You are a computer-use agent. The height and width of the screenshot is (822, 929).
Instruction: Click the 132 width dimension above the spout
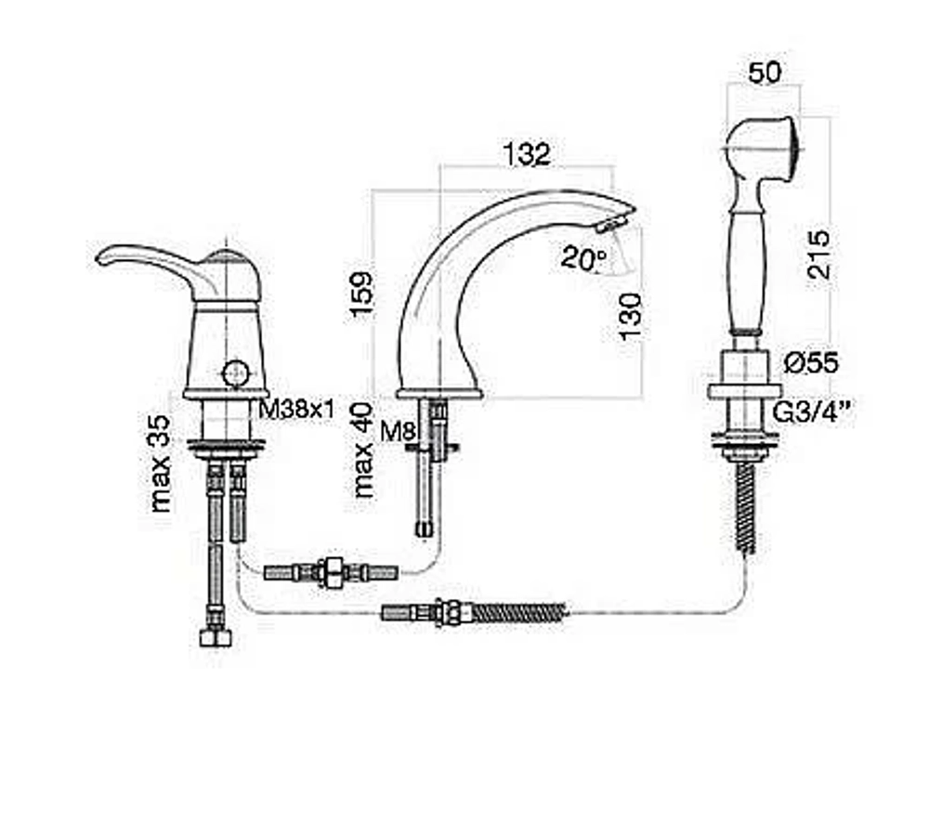(x=527, y=154)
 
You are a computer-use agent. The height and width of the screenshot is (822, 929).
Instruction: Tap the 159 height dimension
(x=360, y=294)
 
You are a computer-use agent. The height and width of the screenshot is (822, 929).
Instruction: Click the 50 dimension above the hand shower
(x=765, y=72)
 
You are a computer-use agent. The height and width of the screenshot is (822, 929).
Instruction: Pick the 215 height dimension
(x=818, y=254)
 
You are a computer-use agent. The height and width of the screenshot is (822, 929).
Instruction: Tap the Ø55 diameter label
(x=811, y=362)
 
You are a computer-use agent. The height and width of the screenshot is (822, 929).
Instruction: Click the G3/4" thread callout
(x=814, y=412)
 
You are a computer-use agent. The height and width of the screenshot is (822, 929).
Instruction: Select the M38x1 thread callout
(x=297, y=409)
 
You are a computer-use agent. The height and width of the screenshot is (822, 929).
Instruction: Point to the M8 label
(x=398, y=431)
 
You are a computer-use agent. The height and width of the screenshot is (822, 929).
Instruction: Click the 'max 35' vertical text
(x=161, y=463)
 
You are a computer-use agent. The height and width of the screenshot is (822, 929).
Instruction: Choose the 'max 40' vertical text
(x=363, y=450)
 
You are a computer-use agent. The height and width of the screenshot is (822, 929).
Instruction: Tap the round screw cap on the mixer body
(x=235, y=373)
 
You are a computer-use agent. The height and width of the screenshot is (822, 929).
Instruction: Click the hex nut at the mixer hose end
(x=216, y=637)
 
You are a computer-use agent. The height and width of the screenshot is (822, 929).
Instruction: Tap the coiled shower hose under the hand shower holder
(x=745, y=508)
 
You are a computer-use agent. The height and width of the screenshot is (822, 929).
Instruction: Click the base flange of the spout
(x=439, y=393)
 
